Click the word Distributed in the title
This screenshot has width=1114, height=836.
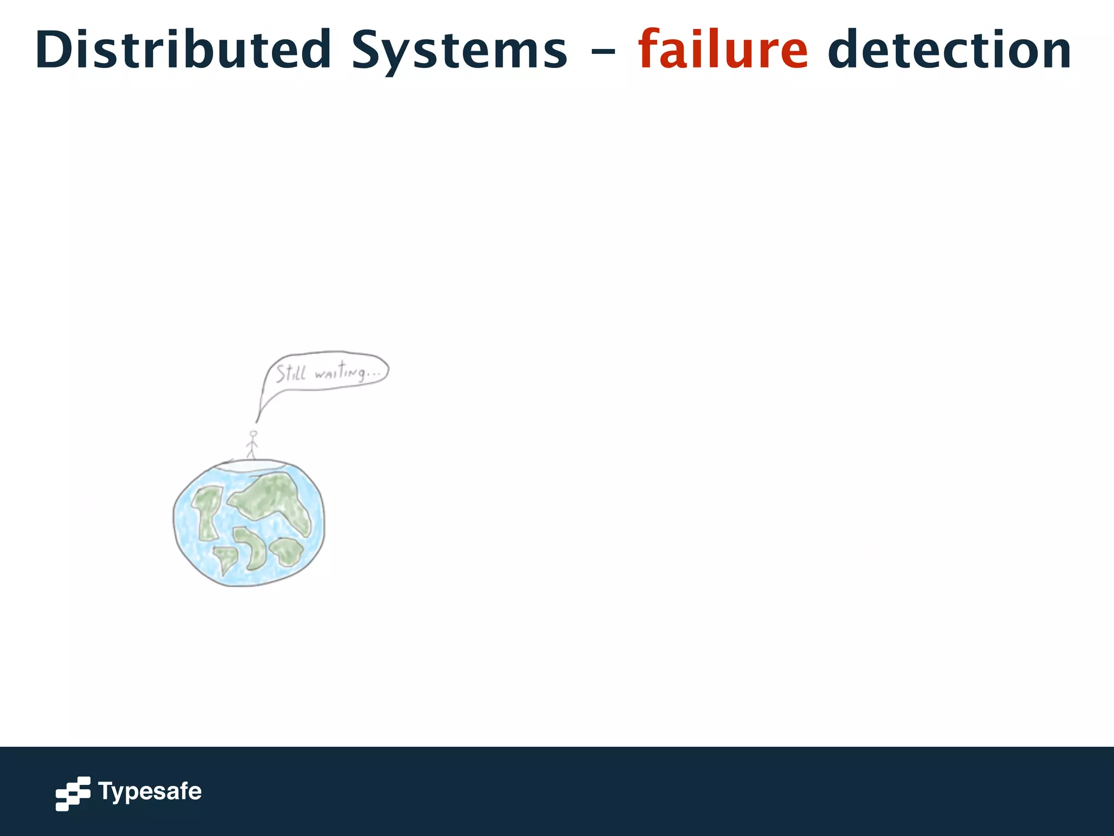(183, 50)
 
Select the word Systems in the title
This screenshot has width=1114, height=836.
(460, 50)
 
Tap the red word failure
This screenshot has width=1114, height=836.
(723, 50)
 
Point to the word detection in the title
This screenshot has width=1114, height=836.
(949, 50)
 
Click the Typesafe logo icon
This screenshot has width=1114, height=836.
(73, 793)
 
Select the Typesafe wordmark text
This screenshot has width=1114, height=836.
(150, 791)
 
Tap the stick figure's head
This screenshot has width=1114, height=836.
(253, 434)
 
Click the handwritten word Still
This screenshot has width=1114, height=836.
(291, 373)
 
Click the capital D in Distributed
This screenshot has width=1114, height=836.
(52, 50)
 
